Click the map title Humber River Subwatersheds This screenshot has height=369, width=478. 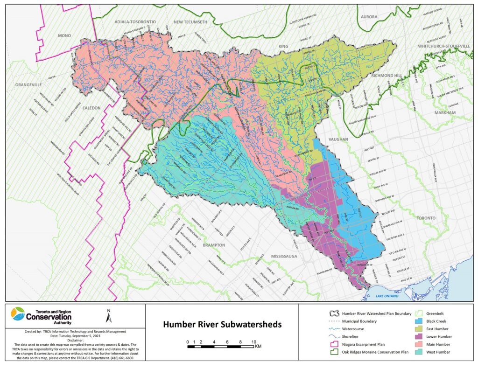tap(222, 324)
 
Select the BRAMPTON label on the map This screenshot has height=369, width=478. tap(214, 244)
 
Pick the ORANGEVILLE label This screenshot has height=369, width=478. tap(28, 85)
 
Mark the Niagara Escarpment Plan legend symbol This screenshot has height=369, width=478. tap(333, 344)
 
